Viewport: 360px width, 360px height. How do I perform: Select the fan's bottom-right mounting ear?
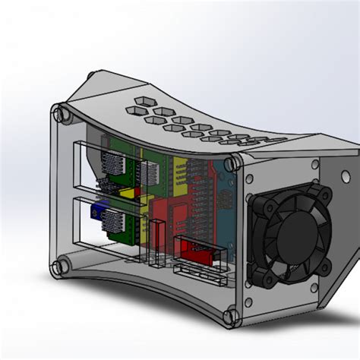pos(326,267)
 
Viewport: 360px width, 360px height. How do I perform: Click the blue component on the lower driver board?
pos(97,211)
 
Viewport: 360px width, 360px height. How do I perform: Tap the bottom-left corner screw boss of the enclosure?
pos(57,267)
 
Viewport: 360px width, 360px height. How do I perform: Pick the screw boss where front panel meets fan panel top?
pos(232,161)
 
